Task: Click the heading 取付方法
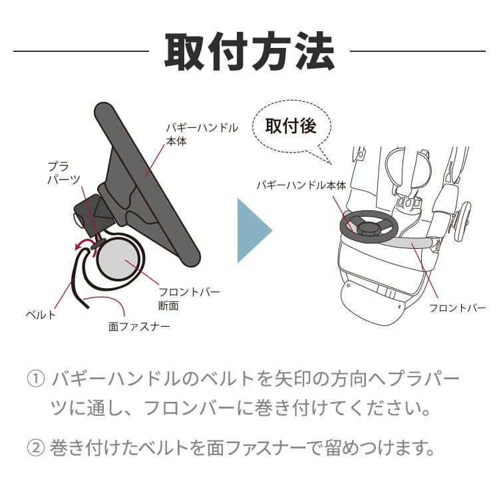click(x=249, y=51)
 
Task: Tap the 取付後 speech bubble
click(x=291, y=127)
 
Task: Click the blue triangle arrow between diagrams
click(x=255, y=230)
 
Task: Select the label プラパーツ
click(x=64, y=173)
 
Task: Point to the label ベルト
click(x=41, y=315)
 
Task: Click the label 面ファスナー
click(x=139, y=327)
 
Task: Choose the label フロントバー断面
click(x=189, y=299)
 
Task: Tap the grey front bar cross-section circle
click(x=118, y=258)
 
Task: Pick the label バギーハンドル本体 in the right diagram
click(x=301, y=185)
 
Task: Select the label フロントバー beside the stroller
click(x=457, y=308)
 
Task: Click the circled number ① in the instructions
click(x=35, y=379)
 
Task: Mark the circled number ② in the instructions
click(x=35, y=448)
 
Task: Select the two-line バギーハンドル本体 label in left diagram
click(x=202, y=134)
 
